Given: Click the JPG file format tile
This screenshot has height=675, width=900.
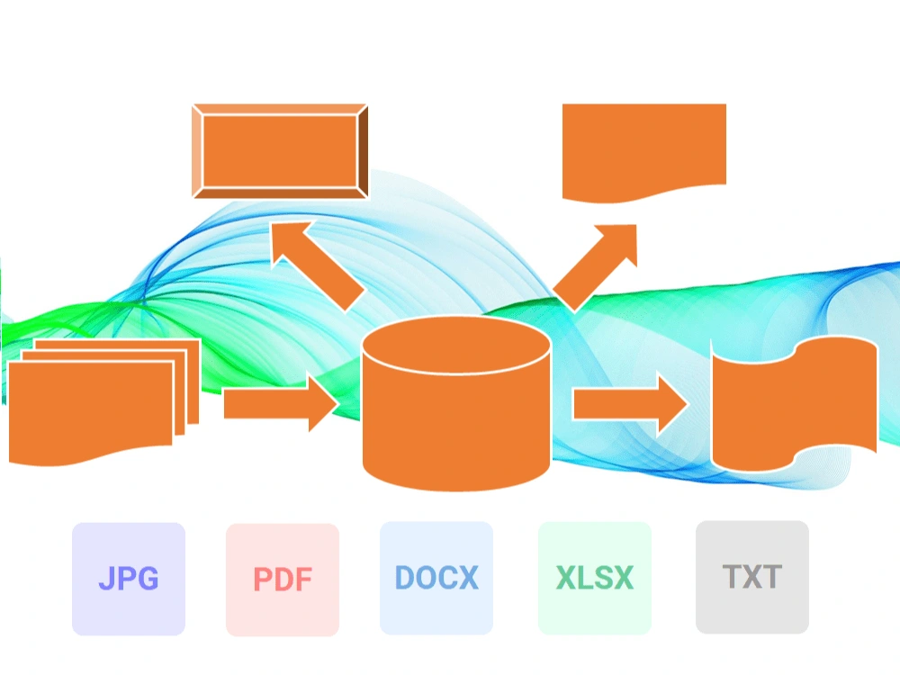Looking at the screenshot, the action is point(129,579).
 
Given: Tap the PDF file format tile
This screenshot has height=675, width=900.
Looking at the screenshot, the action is point(283,579).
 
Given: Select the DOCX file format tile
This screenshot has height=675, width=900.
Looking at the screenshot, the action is point(436,578).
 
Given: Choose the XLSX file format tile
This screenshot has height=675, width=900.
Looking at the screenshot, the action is point(595,578).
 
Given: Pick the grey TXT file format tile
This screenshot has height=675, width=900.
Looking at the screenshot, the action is point(751,578).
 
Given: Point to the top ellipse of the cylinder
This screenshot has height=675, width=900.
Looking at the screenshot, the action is point(456,345).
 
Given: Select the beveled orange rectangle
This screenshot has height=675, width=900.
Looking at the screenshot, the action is point(280,151).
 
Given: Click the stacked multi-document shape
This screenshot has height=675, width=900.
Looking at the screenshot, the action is point(103,401).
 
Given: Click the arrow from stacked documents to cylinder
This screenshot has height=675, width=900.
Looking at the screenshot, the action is point(281,403).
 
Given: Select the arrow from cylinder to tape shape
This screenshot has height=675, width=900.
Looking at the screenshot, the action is point(630,403).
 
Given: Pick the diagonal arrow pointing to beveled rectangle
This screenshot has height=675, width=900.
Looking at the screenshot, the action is point(317,265).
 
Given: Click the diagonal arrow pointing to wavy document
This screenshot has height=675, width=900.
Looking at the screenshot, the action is point(595,267).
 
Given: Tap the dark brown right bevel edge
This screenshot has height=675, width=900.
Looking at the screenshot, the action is point(363,151).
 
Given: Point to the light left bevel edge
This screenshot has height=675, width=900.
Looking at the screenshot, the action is point(197,151).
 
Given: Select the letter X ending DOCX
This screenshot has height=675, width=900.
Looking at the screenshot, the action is point(468,578).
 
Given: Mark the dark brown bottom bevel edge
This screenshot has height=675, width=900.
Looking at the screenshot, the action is point(280,193).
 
